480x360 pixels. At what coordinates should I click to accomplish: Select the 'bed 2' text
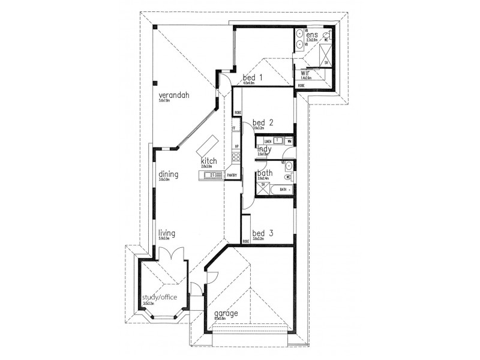[263, 122]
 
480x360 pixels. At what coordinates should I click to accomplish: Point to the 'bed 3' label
[263, 233]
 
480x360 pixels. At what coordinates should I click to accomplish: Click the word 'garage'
[226, 313]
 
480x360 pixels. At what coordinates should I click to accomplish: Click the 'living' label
[167, 233]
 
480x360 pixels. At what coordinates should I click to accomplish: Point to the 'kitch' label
[209, 161]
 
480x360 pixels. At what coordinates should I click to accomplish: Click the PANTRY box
[232, 175]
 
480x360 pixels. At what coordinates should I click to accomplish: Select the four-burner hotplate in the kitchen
[236, 158]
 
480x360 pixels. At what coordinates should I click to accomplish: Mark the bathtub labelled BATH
[281, 190]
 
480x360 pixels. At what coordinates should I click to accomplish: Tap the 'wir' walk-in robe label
[305, 73]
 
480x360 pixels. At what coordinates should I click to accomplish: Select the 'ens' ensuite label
[311, 35]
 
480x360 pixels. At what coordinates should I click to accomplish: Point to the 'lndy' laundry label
[264, 149]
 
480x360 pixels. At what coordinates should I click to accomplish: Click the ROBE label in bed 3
[246, 241]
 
